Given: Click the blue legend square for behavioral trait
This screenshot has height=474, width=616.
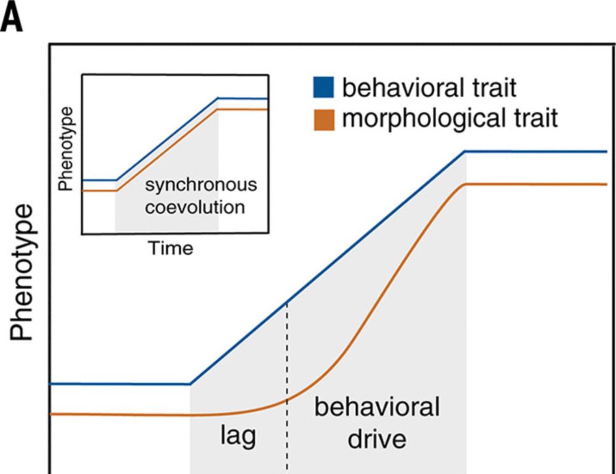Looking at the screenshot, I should coord(323,88).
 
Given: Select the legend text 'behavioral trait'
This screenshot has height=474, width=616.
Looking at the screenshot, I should coord(429,88).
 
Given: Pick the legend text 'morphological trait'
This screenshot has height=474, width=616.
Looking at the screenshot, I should coord(450,118).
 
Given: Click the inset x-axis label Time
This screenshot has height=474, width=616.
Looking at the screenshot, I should coord(170,248).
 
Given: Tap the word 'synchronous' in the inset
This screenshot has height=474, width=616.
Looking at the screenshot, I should coord(200,186).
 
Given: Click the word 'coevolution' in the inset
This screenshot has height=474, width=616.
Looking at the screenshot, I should coord(195,206).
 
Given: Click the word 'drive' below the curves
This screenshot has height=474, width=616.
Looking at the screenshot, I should coord(377,439).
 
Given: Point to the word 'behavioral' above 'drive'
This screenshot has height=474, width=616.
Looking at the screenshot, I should coord(377,408).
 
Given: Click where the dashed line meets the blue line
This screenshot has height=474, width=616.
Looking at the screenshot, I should coord(287,303).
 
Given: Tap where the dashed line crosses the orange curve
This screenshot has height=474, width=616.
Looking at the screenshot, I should coord(287,401).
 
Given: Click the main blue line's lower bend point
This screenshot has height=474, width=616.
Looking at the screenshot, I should coord(190,383).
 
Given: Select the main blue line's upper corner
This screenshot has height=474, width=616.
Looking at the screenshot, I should coord(466,151).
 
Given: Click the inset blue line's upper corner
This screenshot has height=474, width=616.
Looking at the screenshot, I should coord(218,98).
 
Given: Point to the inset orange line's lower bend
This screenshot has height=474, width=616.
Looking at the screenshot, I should coord(116,191).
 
